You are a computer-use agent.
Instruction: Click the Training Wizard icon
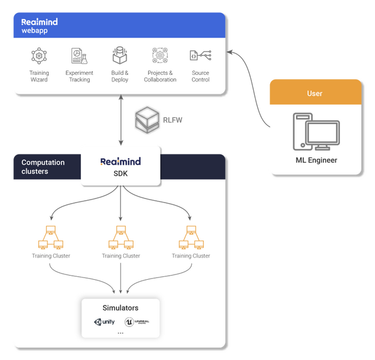pos(39,56)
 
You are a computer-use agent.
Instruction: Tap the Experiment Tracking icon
pos(79,56)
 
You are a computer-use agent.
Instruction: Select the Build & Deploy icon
pos(120,56)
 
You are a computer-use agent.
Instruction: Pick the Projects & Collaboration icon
pos(160,56)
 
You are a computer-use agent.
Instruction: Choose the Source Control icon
pos(200,56)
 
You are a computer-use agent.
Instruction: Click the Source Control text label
pos(200,76)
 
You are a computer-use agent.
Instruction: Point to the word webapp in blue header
pos(34,30)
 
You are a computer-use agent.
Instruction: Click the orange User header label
pos(315,94)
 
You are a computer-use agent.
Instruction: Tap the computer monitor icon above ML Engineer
pos(316,131)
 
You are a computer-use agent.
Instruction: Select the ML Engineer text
pos(316,160)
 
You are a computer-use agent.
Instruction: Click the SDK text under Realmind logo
pos(120,174)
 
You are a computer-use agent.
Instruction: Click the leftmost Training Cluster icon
pos(50,238)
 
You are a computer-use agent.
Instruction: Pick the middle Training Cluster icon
pos(120,238)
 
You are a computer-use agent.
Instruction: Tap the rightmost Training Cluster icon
pos(190,238)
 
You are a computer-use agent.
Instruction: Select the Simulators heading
pos(120,308)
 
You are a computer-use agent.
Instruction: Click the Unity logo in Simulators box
pos(104,322)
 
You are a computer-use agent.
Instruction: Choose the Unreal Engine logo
pos(137,322)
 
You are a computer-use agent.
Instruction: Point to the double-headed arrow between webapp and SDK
pos(121,121)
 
